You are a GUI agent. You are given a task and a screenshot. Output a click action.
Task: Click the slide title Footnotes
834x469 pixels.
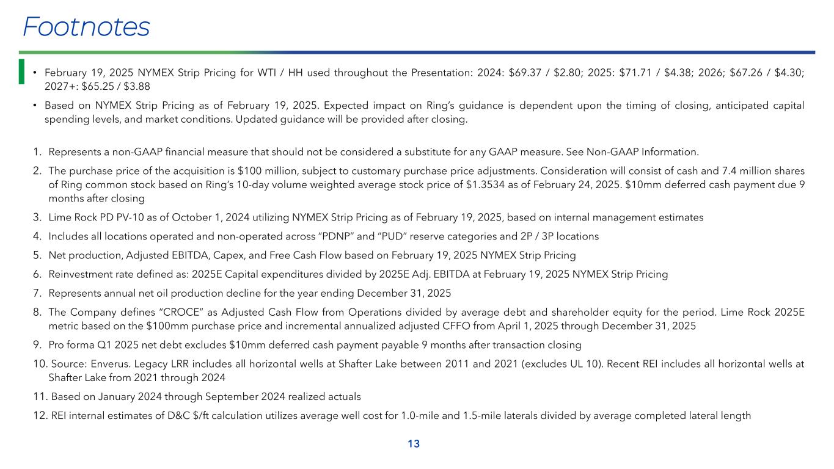[x=86, y=27]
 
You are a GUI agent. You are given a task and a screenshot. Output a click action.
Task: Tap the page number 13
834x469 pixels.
[x=414, y=444]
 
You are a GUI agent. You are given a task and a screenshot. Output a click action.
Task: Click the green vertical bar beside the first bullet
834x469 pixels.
[x=21, y=71]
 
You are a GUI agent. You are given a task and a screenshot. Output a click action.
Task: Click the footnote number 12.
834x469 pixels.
[x=39, y=416]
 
